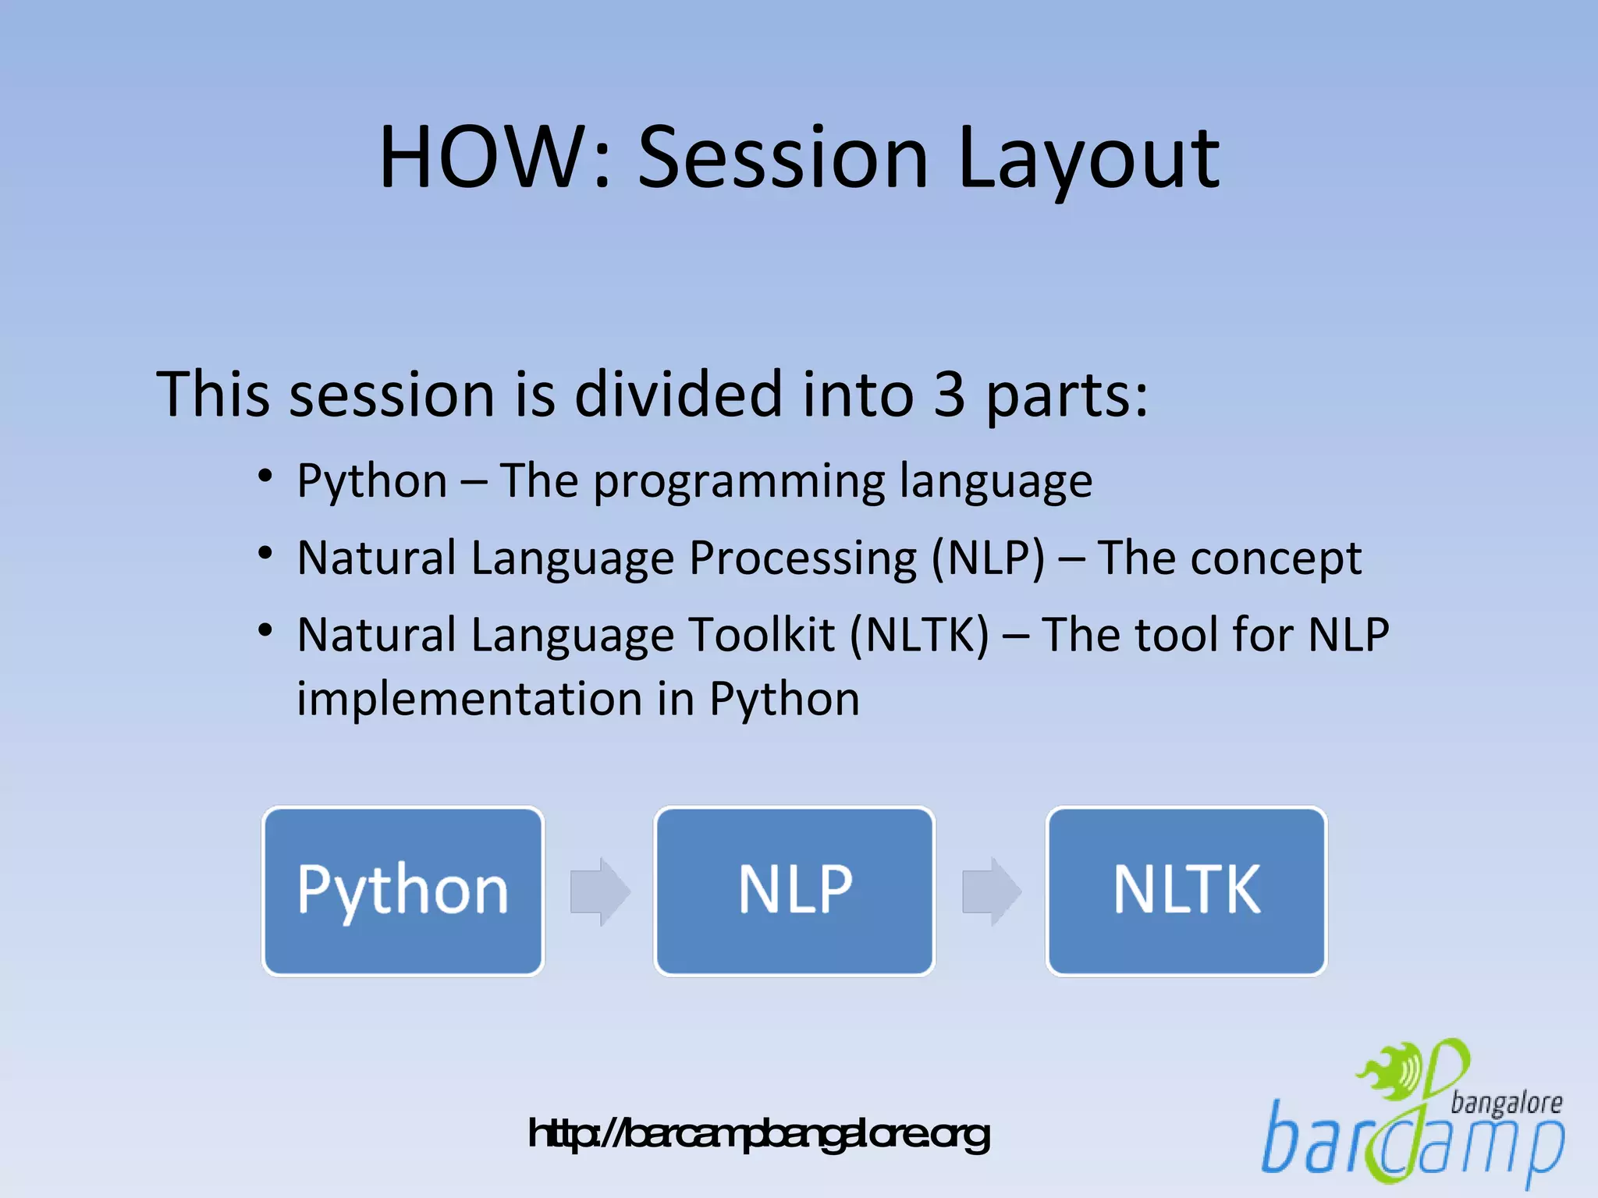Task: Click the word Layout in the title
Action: click(1088, 160)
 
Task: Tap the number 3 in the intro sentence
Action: click(949, 395)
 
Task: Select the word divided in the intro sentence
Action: click(678, 395)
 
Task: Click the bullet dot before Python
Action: click(265, 476)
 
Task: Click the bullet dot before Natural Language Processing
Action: click(265, 553)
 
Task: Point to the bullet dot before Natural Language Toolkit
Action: click(265, 629)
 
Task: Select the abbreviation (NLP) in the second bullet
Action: click(988, 558)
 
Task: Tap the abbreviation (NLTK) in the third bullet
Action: click(919, 635)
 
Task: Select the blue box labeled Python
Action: click(403, 891)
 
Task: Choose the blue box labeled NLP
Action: click(794, 891)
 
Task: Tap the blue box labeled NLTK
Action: click(1186, 891)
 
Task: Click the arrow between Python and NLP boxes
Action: click(599, 891)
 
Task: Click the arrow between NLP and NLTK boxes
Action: click(991, 891)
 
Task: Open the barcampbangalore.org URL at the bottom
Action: click(758, 1134)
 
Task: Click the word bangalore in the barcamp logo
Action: click(1506, 1103)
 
